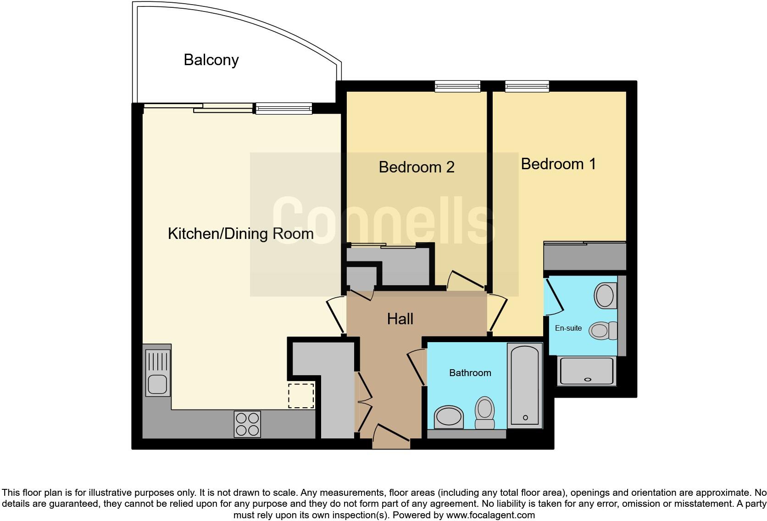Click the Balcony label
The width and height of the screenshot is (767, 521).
pos(211,60)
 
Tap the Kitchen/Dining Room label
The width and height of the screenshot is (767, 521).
pos(240,233)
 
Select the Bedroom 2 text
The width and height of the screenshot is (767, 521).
pos(416,167)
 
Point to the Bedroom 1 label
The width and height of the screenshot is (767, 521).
pos(558,164)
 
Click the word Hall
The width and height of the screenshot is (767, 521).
pos(400,319)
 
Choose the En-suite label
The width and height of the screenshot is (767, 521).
pos(568,328)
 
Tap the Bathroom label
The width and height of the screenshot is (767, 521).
pos(470,373)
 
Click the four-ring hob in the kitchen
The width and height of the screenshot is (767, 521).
pos(247,424)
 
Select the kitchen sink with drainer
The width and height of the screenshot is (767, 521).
pos(157,372)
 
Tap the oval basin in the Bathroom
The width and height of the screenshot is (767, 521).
pos(449,417)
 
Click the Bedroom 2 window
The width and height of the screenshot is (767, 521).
pos(457,86)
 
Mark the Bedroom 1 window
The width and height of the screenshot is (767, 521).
pos(527,86)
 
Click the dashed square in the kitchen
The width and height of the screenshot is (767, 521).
pos(301,396)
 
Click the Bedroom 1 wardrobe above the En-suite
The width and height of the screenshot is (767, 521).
pos(584,256)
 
